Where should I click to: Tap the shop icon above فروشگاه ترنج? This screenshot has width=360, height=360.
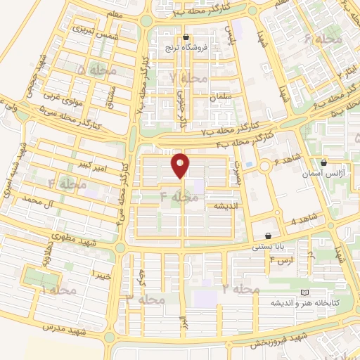(186, 37)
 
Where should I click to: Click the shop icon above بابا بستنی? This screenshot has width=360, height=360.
(269, 236)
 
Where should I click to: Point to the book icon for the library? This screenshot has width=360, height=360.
(304, 292)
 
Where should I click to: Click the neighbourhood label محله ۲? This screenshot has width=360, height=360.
(241, 289)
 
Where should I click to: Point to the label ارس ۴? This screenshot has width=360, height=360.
(281, 261)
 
